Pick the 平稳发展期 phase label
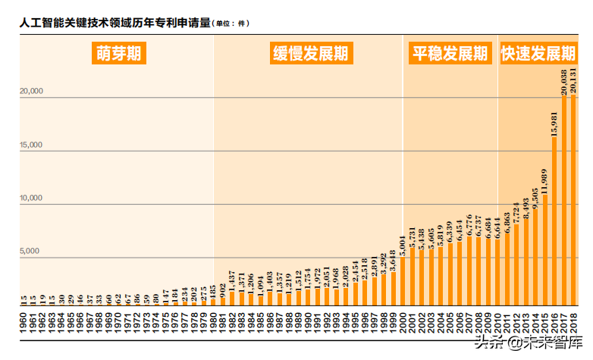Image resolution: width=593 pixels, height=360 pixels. tap(449, 54)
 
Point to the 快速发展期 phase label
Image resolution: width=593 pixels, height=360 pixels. tap(538, 54)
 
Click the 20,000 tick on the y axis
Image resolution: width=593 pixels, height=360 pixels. tap(32, 92)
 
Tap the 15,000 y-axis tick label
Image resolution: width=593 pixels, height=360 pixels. tap(32, 146)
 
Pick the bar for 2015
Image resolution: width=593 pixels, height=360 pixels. tap(545, 251)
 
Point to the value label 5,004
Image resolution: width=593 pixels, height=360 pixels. tap(403, 247)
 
